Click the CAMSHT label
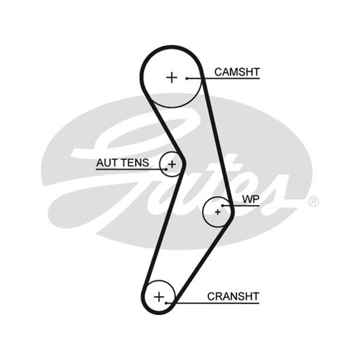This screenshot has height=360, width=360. click(237, 72)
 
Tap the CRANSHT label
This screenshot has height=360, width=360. click(233, 297)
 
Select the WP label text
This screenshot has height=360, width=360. click(251, 199)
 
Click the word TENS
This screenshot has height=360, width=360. click(135, 163)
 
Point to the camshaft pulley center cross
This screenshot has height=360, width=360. click(172, 77)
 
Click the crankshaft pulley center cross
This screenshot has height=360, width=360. click(159, 297)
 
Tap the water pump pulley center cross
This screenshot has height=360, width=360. click(217, 212)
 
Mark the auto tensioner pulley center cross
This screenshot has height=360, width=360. click(172, 164)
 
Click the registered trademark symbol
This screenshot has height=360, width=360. click(313, 202)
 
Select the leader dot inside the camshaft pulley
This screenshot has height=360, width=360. click(187, 78)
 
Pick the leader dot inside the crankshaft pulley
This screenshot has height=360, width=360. click(166, 303)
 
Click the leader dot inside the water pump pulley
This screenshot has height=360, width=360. click(222, 206)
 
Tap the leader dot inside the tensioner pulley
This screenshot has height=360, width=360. click(166, 170)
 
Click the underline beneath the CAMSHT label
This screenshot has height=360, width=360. click(223, 78)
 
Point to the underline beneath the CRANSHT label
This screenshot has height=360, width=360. click(212, 303)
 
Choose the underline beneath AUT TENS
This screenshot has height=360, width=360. click(131, 170)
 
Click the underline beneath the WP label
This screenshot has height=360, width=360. click(241, 206)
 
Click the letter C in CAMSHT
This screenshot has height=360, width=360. click(218, 72)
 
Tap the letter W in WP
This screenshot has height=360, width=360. click(247, 199)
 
